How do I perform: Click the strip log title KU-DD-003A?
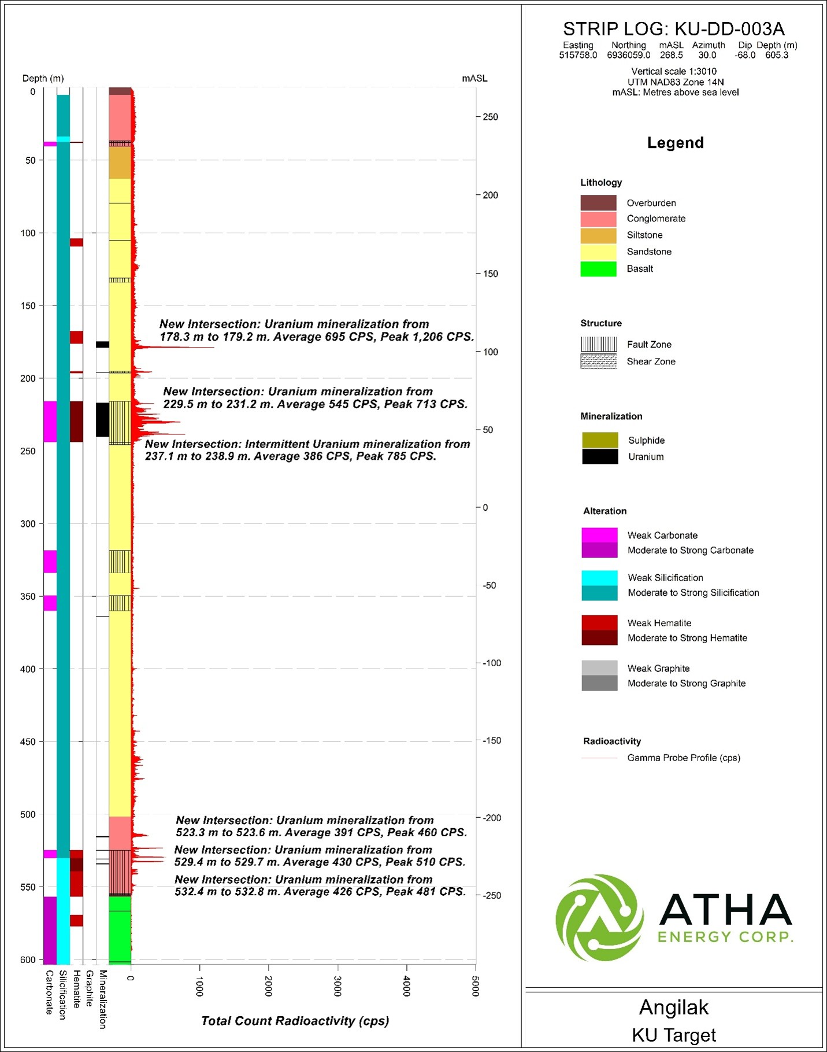[674, 29]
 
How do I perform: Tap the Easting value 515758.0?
[578, 56]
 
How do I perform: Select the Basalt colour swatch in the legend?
[598, 269]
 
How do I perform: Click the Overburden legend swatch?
[598, 203]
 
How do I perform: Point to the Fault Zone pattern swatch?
[598, 345]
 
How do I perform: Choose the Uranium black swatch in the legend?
[600, 457]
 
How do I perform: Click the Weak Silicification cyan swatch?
[599, 578]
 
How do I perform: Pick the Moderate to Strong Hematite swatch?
[599, 638]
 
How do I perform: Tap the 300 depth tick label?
[28, 524]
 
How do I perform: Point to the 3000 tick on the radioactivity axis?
[338, 985]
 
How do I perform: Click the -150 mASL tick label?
[492, 741]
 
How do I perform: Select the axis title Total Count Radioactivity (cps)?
[295, 1021]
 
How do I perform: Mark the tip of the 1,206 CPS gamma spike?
[214, 347]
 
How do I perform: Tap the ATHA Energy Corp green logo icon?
[599, 918]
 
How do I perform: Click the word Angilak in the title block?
[674, 1008]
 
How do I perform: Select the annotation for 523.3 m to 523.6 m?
[321, 826]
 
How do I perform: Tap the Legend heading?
[675, 143]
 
